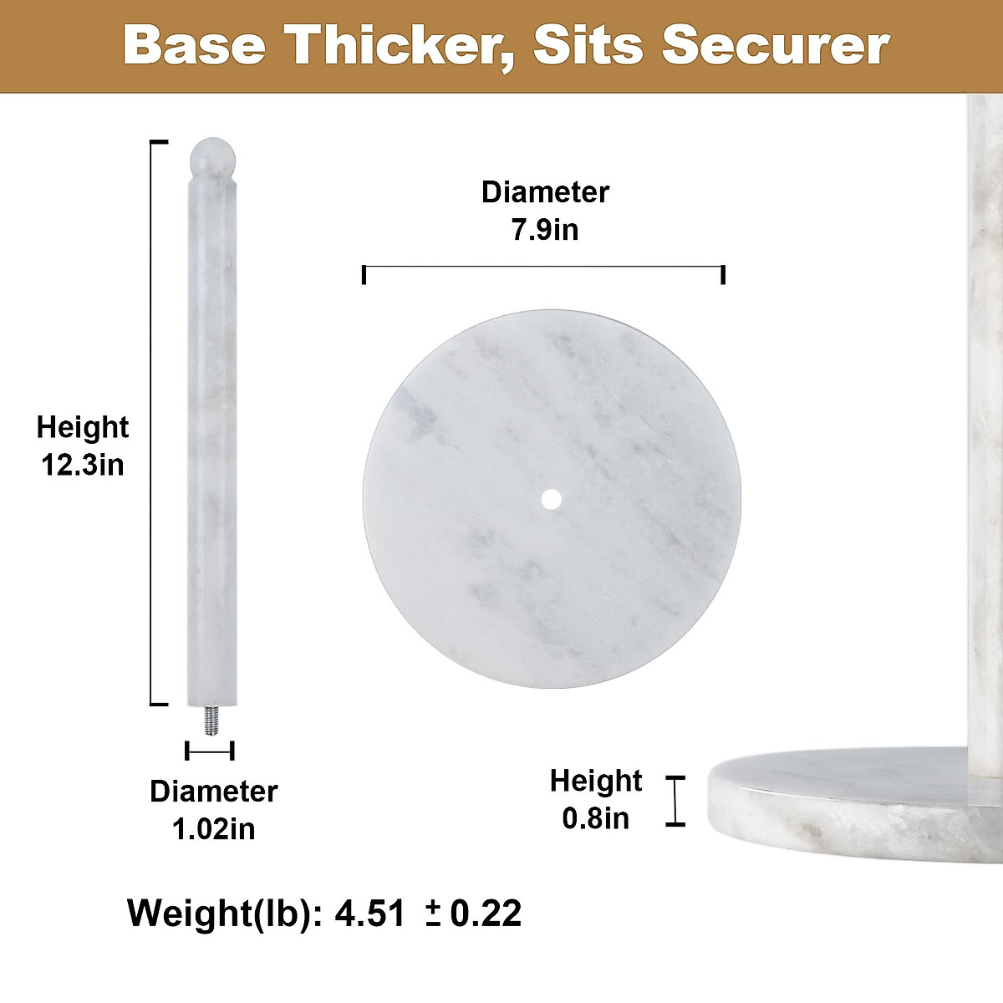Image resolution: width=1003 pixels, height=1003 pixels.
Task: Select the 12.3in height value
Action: click(83, 464)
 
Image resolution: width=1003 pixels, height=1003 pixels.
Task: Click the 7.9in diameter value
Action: click(545, 229)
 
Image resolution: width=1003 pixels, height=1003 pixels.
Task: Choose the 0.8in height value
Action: click(595, 817)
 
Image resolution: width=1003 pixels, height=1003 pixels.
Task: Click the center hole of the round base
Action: click(551, 499)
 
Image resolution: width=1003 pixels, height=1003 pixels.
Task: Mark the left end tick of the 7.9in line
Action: click(364, 274)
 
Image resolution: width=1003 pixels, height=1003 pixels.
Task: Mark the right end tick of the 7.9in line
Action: click(723, 274)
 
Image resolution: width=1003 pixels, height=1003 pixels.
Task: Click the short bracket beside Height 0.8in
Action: click(675, 801)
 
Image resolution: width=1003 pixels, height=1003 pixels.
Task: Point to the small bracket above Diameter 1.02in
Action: click(210, 751)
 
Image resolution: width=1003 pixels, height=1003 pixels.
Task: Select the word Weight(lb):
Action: click(224, 913)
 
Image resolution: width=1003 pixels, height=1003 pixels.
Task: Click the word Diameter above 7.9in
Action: click(545, 192)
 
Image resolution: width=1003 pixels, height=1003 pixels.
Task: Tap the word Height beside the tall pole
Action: click(83, 427)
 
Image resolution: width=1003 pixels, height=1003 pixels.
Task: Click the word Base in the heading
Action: click(194, 46)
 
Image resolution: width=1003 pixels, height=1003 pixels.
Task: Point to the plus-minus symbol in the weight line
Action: click(433, 914)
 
